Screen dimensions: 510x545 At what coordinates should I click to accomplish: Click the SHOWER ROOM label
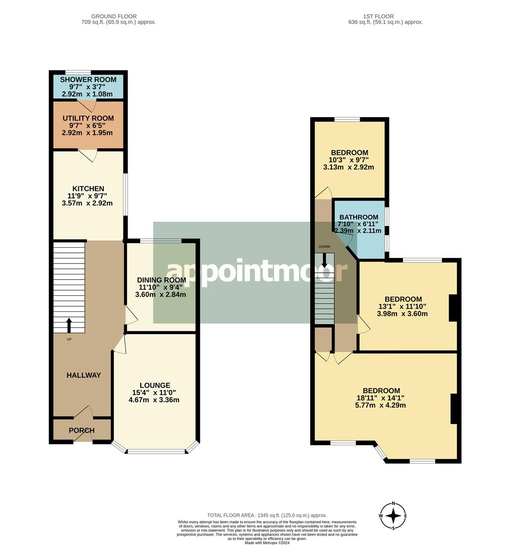tap(88, 80)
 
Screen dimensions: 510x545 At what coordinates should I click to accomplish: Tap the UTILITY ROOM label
tap(88, 118)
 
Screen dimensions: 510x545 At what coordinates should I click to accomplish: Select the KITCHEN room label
tap(88, 189)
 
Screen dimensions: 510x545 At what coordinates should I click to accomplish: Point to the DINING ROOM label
tap(161, 280)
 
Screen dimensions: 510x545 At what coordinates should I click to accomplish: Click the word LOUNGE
tap(155, 386)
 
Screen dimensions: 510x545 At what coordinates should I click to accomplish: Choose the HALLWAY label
tap(84, 375)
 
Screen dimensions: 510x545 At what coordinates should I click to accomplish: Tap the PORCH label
tap(82, 430)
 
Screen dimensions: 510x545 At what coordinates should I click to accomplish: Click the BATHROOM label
tap(359, 217)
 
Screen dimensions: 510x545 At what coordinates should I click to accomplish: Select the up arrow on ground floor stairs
tap(69, 325)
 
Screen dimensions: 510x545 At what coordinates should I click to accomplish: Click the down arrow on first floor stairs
tap(324, 260)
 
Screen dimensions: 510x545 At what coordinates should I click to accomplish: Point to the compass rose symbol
tap(393, 516)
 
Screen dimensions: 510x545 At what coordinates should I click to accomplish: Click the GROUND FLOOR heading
tap(114, 16)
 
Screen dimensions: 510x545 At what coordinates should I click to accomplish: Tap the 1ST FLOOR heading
tap(378, 16)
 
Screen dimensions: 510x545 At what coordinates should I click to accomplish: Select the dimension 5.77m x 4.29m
tap(380, 405)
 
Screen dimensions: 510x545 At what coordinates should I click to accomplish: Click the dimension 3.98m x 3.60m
tap(403, 314)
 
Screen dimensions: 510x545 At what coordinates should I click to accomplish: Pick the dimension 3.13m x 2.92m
tap(349, 167)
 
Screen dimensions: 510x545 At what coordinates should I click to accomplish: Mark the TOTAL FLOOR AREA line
tap(267, 515)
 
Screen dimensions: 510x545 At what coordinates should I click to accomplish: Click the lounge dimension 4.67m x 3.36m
tap(154, 400)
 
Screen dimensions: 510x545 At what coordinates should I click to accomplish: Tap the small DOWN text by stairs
tap(324, 247)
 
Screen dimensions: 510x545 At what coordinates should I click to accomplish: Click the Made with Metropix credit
tap(267, 542)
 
